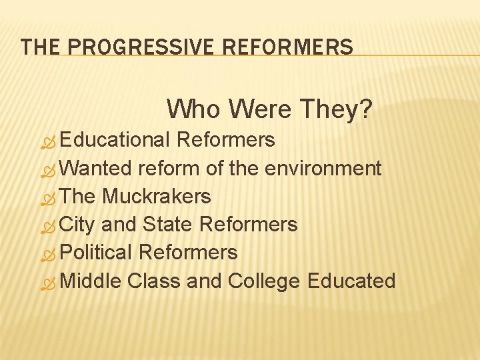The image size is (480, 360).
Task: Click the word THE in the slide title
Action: [39, 47]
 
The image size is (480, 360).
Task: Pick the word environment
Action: [323, 168]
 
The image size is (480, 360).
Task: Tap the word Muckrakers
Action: [157, 196]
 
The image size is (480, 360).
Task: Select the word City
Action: [77, 225]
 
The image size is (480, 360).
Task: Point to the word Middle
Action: [90, 281]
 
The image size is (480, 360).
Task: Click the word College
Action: [264, 281]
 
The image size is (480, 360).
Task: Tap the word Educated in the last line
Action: [351, 281]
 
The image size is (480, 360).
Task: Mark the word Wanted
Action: [96, 168]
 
